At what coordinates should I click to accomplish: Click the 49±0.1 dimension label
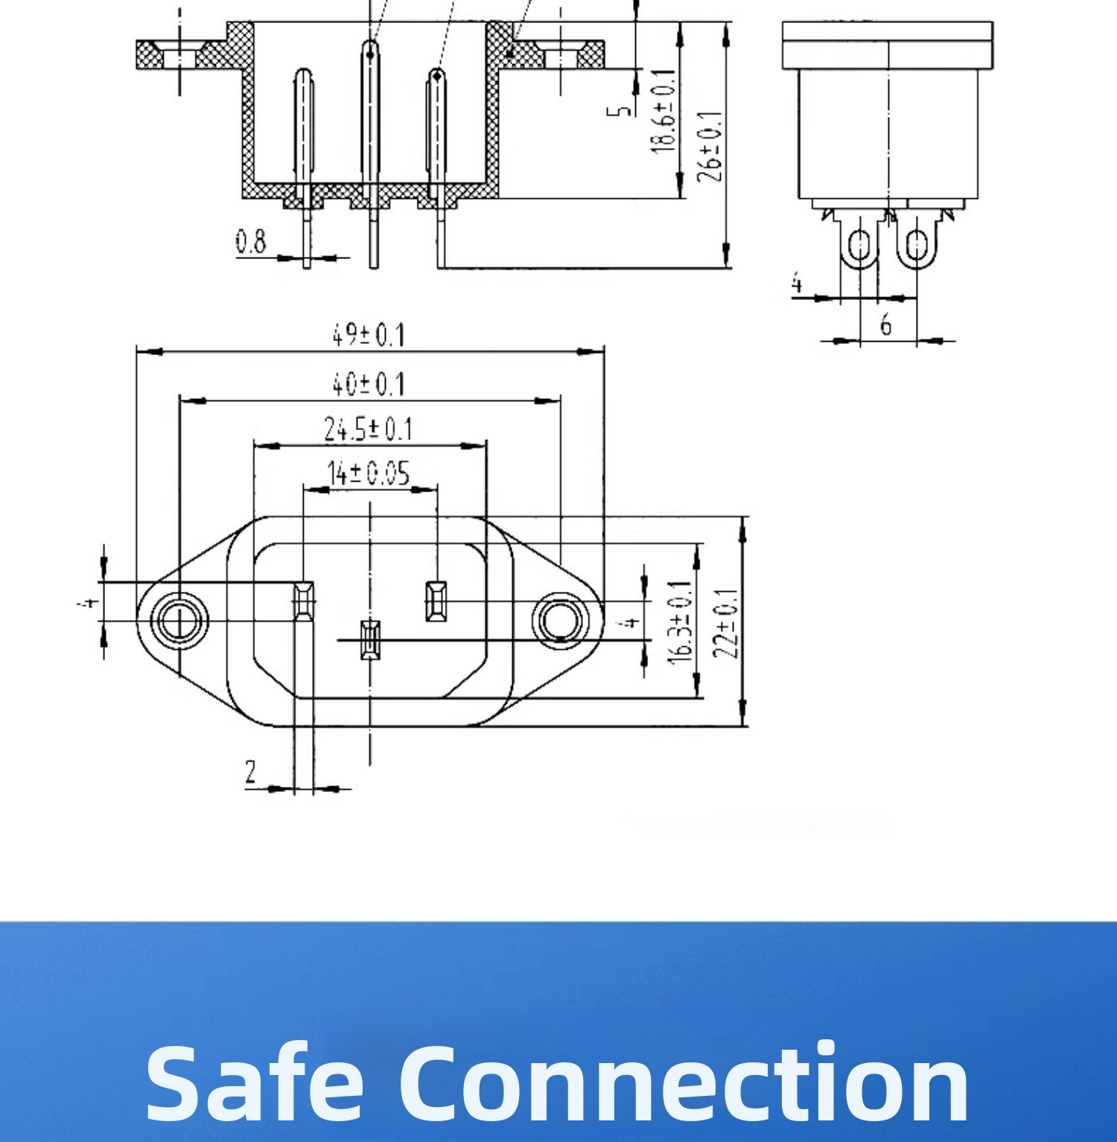(x=368, y=336)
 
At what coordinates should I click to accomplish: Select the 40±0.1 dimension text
(x=368, y=385)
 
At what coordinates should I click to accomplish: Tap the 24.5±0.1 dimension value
(x=368, y=430)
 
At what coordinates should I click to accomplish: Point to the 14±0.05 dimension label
(x=369, y=473)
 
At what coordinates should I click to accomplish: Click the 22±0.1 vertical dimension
(x=726, y=624)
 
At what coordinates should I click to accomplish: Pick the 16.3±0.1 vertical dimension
(x=681, y=622)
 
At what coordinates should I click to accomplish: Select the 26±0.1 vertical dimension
(x=709, y=146)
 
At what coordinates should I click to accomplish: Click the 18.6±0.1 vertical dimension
(x=663, y=112)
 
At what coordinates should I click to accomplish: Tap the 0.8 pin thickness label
(x=251, y=242)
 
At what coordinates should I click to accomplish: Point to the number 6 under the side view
(x=885, y=325)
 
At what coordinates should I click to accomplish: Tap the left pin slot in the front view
(x=302, y=600)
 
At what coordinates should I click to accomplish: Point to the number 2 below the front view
(x=251, y=772)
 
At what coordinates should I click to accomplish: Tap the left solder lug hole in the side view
(x=859, y=244)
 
